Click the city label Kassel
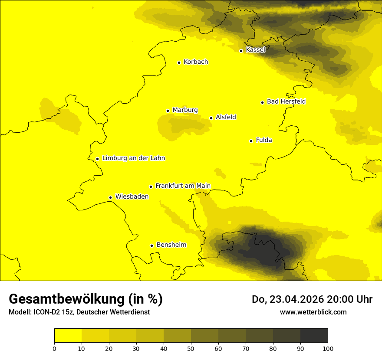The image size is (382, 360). pos(255,50)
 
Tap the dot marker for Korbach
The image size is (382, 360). pos(179,62)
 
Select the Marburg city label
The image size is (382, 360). pos(185,110)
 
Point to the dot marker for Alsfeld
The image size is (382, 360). pos(211,118)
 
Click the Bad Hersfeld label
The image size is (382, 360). pos(286,102)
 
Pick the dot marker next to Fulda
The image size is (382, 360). pos(251,141)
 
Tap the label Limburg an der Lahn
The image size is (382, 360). pos(133,158)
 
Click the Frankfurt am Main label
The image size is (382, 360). pos(183,186)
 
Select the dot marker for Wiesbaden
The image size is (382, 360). pos(110,198)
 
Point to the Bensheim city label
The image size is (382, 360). pos(171,245)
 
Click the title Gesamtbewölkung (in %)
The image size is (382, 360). pos(86,299)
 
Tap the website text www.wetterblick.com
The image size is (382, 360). pos(313,312)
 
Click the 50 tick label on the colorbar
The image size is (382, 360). pos(191,349)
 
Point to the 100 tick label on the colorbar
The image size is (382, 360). pos(328,349)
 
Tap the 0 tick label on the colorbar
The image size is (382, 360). pos(54,349)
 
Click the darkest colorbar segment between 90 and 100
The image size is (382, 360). pos(314,336)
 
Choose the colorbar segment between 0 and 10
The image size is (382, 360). pos(68,336)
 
